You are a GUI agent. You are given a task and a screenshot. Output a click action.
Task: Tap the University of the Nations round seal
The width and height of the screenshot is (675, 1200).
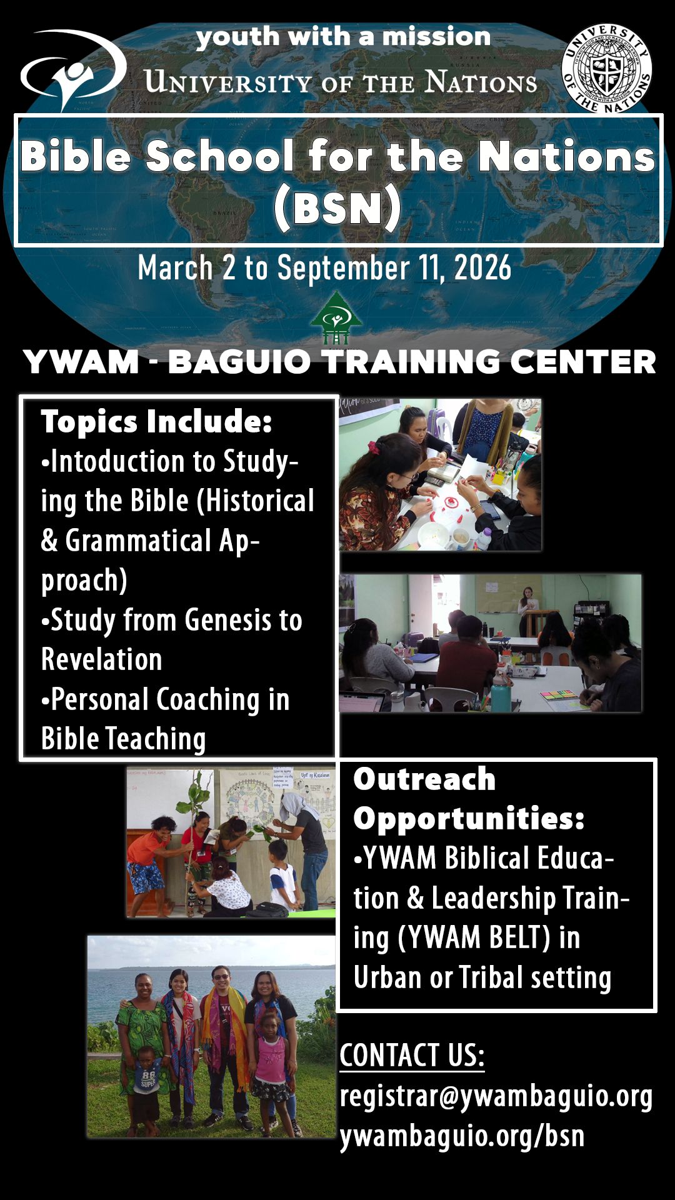(606, 69)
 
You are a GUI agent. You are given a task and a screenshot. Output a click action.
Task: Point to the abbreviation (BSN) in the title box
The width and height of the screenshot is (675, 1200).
(337, 208)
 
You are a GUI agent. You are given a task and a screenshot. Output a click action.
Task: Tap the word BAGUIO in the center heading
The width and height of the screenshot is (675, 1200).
(239, 362)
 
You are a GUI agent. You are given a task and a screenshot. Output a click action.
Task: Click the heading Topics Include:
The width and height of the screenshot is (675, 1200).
(156, 422)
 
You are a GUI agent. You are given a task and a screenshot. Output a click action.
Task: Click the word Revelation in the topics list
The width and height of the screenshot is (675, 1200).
(101, 659)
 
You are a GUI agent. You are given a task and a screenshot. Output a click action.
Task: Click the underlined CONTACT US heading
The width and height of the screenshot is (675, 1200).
(412, 1056)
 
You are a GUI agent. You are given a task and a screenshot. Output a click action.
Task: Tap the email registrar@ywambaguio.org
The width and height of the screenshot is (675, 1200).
(496, 1097)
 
